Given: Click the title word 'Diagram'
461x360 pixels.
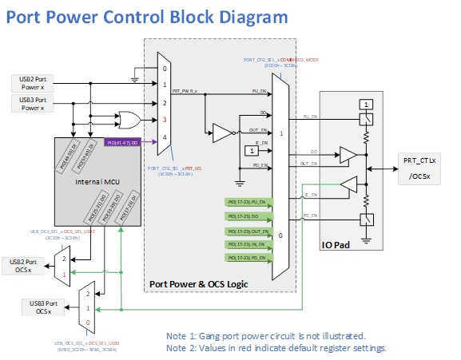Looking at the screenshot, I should click(x=242, y=16).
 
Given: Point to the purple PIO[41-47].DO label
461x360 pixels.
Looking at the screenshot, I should click(x=124, y=143).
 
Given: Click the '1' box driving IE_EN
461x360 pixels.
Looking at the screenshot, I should click(x=252, y=149).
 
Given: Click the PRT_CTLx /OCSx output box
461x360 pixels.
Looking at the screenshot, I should click(x=419, y=168).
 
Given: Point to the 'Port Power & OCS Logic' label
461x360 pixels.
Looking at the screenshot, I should click(x=197, y=284).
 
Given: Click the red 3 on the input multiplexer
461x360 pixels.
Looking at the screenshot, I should click(x=165, y=120).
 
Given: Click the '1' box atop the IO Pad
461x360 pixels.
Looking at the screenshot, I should click(x=364, y=105).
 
